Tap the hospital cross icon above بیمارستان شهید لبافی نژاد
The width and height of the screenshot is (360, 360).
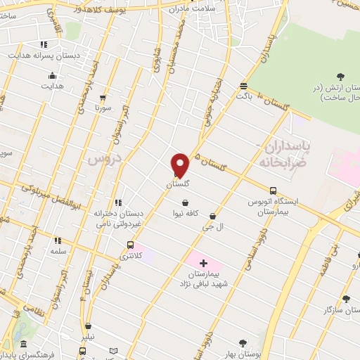click(204, 262)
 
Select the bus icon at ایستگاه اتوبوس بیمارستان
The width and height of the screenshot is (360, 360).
click(273, 190)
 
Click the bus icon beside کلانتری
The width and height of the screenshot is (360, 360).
click(130, 245)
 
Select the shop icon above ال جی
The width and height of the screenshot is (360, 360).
click(212, 217)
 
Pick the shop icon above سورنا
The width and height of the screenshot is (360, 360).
click(103, 98)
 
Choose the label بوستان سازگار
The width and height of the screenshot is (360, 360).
click(337, 309)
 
